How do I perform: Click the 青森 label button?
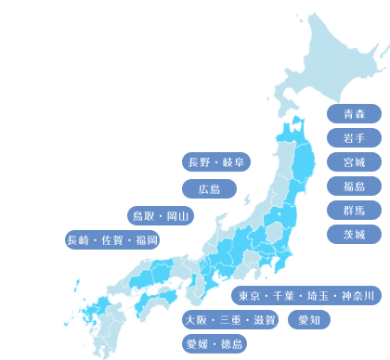coord(354,114)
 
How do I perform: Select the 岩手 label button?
coord(354,138)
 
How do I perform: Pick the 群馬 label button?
coord(354,211)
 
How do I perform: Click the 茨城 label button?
coord(354,235)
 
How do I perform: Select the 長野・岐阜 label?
coord(216,162)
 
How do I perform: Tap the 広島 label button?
coord(209,189)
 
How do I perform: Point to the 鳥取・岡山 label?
coord(161,216)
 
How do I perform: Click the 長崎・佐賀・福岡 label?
coord(112,240)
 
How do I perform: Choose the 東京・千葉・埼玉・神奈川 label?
coord(305,296)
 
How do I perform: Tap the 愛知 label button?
coord(308,320)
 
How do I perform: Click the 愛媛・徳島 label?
coord(214,344)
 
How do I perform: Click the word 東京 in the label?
coord(248,296)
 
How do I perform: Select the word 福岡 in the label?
coord(147,240)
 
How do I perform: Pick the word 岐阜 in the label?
coord(233,162)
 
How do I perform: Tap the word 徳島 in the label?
coord(232,344)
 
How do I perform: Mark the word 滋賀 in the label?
coord(264,320)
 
